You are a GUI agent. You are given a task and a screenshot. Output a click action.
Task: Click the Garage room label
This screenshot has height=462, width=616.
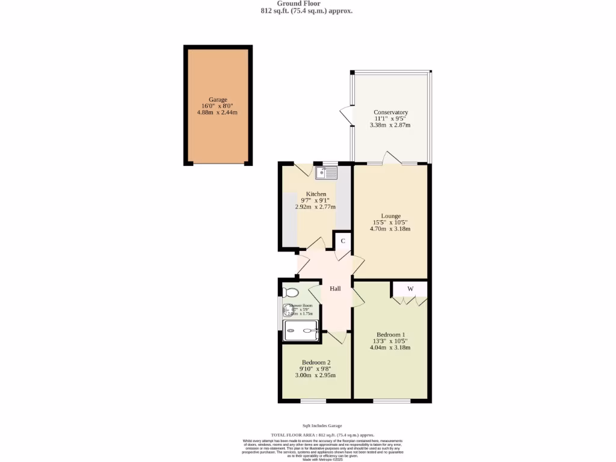pyautogui.click(x=218, y=100)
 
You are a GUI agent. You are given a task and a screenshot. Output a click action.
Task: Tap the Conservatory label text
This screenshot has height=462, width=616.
pyautogui.click(x=390, y=112)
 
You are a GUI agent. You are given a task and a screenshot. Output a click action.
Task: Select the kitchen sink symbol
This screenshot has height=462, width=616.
pyautogui.click(x=327, y=173)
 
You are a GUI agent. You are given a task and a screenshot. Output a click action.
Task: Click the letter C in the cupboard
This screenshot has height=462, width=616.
pyautogui.click(x=343, y=241)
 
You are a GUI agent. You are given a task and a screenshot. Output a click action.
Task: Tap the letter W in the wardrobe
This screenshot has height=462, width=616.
pyautogui.click(x=410, y=289)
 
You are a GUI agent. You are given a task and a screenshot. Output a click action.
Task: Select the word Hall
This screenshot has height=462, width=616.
pyautogui.click(x=335, y=289)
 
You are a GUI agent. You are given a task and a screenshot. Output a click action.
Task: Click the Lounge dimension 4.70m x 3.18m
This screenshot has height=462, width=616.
pyautogui.click(x=390, y=229)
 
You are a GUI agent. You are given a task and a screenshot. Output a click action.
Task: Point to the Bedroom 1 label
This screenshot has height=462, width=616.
pyautogui.click(x=390, y=334)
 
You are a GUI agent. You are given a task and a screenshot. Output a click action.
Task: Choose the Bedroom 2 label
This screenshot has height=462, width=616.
pyautogui.click(x=316, y=362)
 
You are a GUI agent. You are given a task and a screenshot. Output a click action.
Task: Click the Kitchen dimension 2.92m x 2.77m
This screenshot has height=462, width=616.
pyautogui.click(x=316, y=206)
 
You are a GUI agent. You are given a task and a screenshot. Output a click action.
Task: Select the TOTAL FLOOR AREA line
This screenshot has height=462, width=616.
pyautogui.click(x=322, y=434)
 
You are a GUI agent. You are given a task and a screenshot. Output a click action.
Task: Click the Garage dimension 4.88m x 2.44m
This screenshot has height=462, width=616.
pyautogui.click(x=218, y=112)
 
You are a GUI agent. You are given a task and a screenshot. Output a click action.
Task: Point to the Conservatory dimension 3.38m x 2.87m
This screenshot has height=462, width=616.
pyautogui.click(x=390, y=125)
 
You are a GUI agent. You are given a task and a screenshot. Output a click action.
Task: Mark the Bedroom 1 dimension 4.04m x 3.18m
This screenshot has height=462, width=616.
pyautogui.click(x=390, y=347)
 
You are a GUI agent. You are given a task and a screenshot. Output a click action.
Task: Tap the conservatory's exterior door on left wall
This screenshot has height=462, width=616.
pyautogui.click(x=346, y=115)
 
